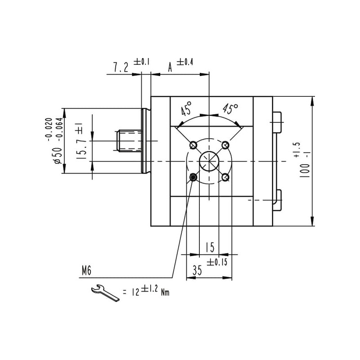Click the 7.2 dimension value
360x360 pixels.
pos(120,67)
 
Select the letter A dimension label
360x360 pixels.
pos(170,67)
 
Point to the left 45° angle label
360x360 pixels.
pos(186,109)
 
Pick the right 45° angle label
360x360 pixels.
pos(230,108)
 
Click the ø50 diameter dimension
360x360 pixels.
pos(58,154)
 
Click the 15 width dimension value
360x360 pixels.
pos(209,247)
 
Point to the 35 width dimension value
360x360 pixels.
pos(197,270)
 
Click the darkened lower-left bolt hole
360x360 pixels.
pos(193,177)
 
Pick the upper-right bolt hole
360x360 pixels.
pos(225,145)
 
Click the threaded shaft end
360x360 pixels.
pos(128,140)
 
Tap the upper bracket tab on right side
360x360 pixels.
pos(277,121)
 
